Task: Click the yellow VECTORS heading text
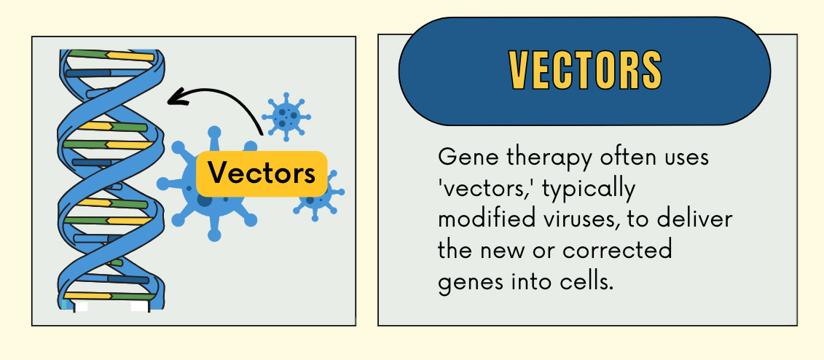click(585, 71)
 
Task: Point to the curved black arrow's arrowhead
click(176, 97)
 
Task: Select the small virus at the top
click(286, 117)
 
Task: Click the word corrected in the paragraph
click(618, 250)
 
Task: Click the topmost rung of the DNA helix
click(111, 55)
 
